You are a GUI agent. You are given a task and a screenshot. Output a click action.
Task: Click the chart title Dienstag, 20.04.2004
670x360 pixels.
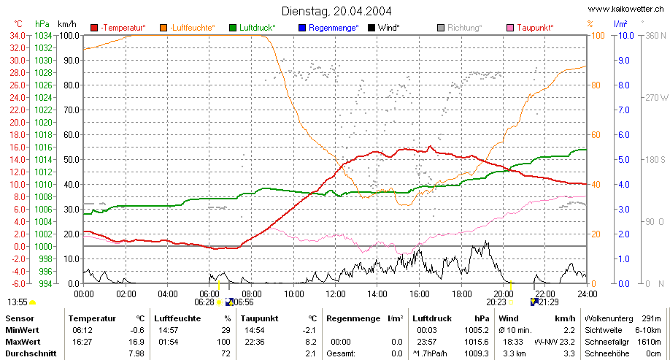(336, 11)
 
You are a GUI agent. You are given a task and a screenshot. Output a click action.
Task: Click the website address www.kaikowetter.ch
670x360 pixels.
(625, 9)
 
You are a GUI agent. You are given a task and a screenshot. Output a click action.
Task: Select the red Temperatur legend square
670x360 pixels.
(94, 28)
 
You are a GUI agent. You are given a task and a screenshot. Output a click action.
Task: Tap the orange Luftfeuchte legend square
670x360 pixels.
(163, 28)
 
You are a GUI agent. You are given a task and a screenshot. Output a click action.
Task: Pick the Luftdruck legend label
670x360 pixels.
(257, 28)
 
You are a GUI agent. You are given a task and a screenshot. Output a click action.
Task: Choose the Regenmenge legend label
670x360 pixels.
(334, 28)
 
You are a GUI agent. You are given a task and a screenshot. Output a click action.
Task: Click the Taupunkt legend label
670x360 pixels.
(535, 28)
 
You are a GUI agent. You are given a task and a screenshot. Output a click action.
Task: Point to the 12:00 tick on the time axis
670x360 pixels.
(336, 294)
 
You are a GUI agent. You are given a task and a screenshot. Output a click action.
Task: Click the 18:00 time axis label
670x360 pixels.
(461, 294)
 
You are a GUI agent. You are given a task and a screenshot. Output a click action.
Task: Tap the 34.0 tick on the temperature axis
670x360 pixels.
(18, 36)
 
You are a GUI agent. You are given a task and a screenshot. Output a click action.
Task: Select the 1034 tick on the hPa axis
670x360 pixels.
(43, 36)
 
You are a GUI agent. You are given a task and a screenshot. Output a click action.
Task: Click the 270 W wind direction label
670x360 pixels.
(657, 97)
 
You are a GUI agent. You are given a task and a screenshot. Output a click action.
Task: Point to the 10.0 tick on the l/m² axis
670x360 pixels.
(626, 36)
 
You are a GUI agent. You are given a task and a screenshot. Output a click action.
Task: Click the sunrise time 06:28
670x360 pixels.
(204, 302)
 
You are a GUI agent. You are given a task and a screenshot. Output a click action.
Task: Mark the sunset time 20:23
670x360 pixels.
(496, 302)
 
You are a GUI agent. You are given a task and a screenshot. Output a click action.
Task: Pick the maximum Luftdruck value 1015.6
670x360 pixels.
(477, 342)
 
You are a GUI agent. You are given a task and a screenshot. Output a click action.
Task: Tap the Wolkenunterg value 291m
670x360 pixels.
(651, 318)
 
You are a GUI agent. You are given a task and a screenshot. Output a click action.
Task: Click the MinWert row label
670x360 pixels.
(22, 330)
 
